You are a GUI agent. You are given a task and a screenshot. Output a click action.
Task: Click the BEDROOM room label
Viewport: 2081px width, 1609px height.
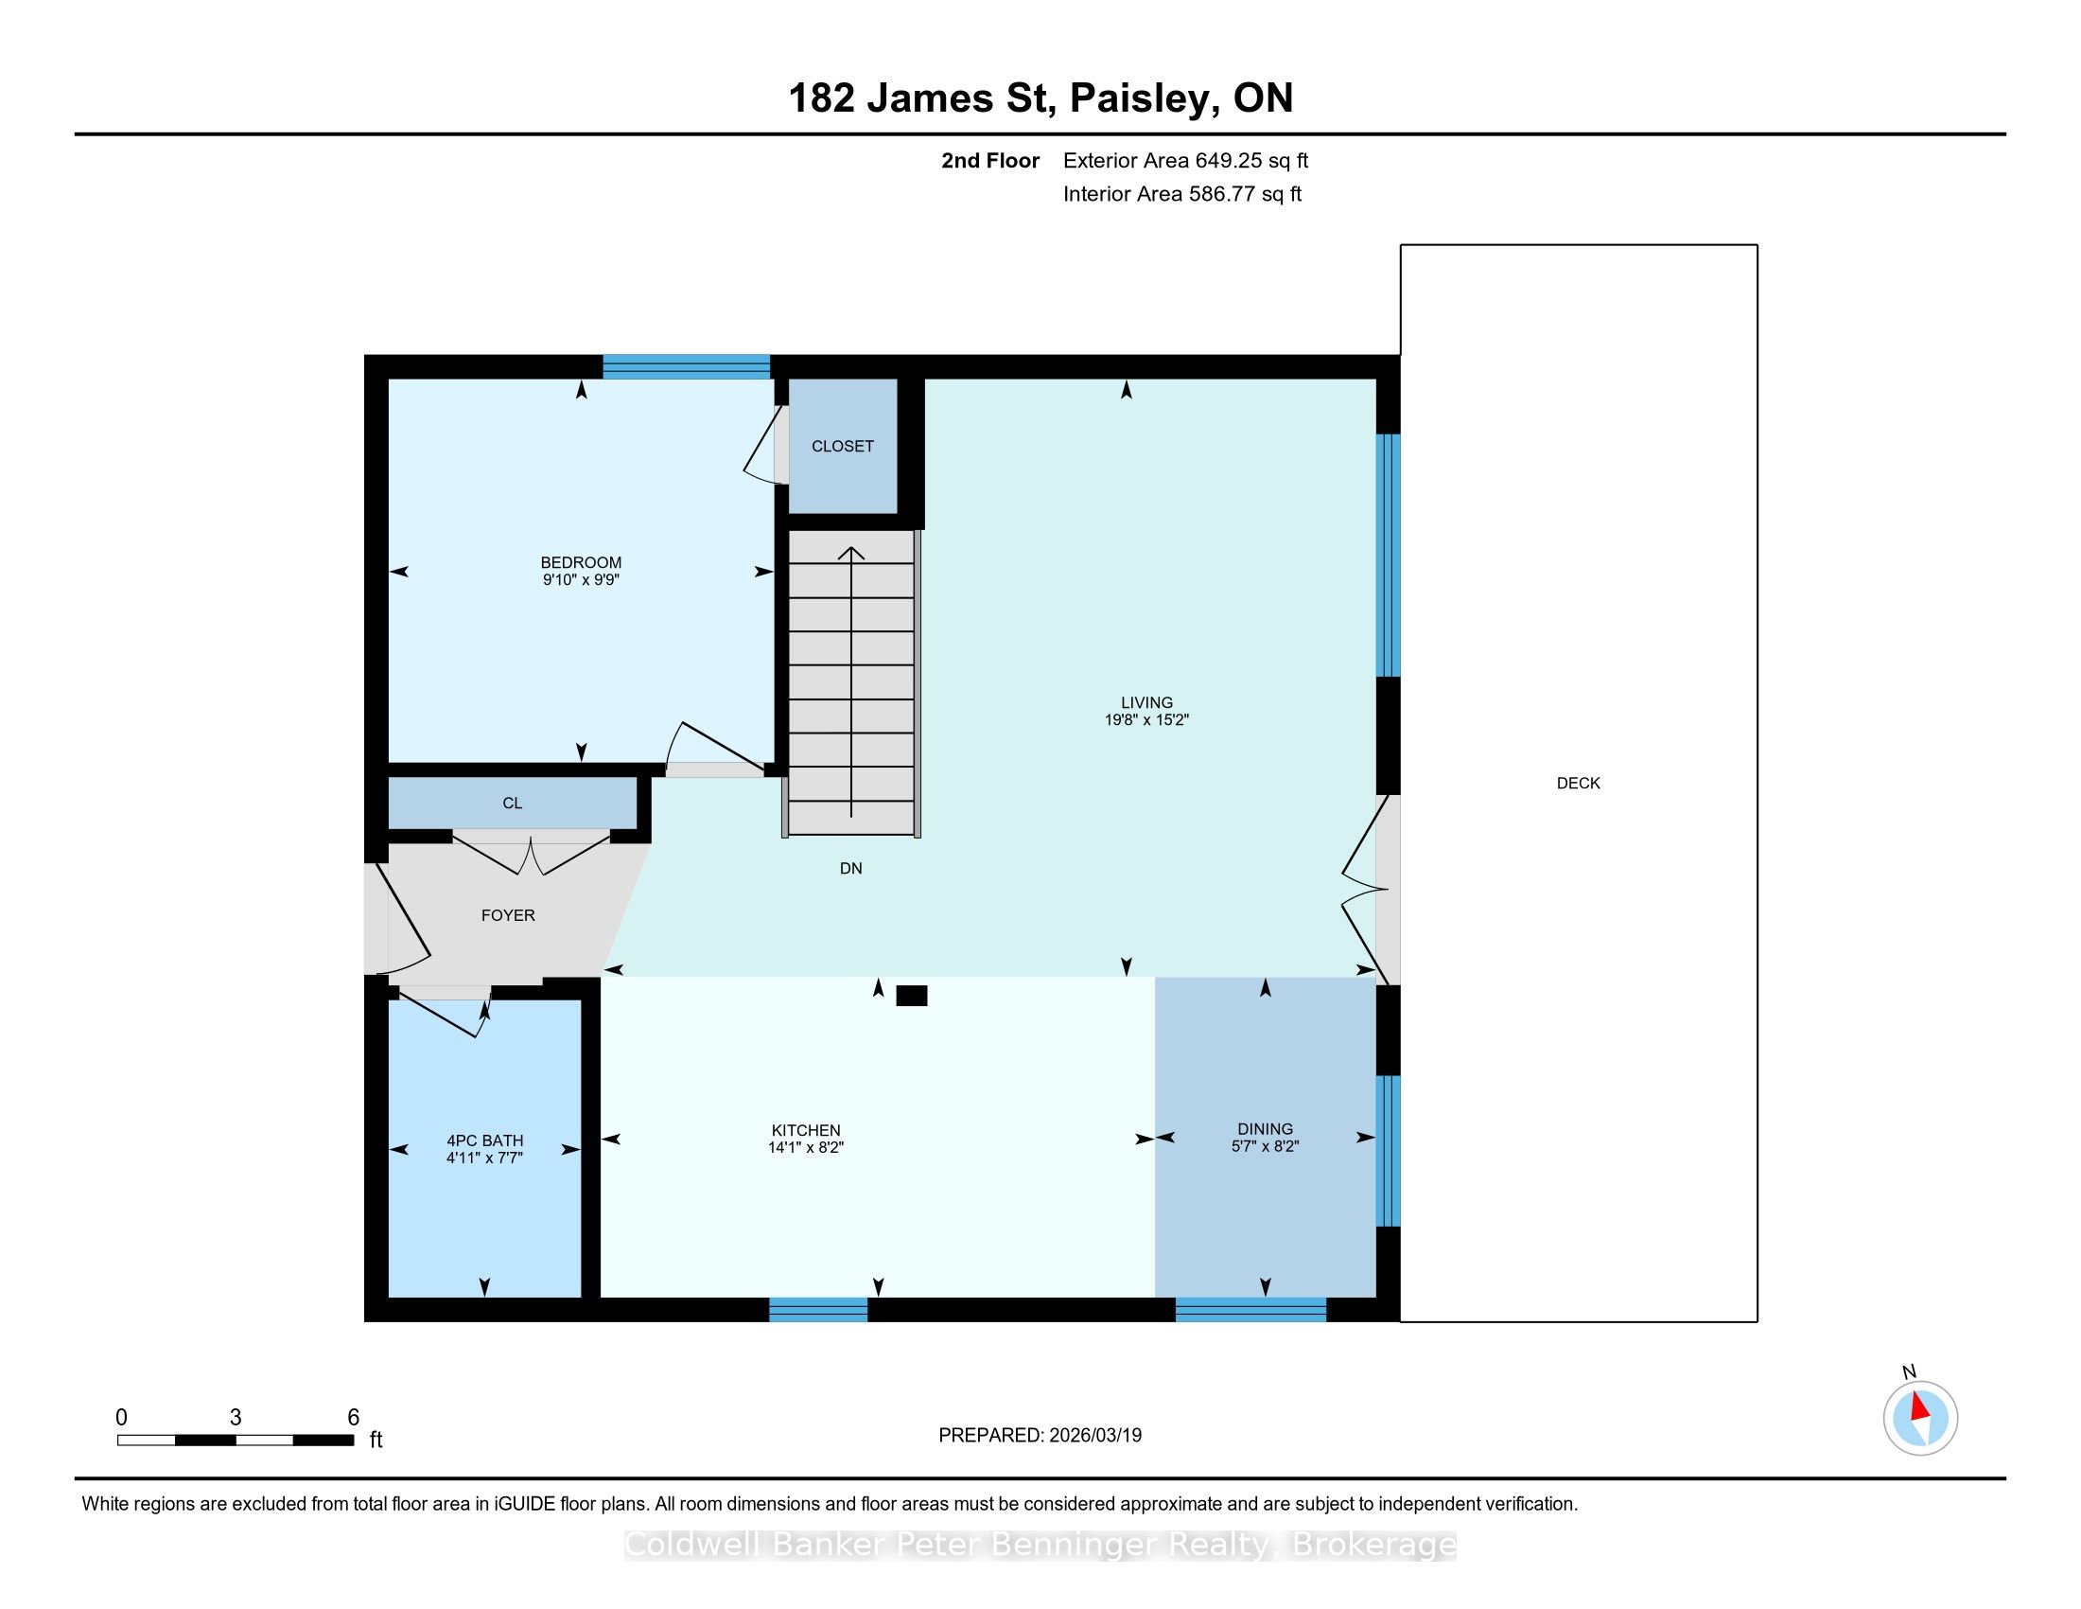[x=580, y=562]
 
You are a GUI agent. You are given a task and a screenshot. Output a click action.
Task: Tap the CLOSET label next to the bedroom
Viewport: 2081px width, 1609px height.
[x=842, y=446]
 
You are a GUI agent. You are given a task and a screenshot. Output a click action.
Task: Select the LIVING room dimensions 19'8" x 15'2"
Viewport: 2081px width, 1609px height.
[x=1146, y=719]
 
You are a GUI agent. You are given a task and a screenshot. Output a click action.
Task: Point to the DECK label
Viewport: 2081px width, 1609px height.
[x=1578, y=783]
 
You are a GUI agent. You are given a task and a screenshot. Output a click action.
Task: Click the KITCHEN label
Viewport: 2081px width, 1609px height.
[x=806, y=1130]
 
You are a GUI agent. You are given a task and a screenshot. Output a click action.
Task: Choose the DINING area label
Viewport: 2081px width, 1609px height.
[x=1266, y=1128]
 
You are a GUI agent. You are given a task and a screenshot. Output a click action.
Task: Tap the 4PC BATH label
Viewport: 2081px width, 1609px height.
[x=485, y=1140]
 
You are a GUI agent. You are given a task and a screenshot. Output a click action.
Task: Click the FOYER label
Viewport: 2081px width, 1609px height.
[x=508, y=915]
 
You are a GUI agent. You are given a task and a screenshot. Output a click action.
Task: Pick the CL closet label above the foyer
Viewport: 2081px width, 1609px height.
[x=513, y=804]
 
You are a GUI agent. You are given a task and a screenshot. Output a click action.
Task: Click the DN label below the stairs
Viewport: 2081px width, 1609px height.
[x=851, y=868]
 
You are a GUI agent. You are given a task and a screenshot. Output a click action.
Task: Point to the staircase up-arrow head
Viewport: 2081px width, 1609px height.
[x=851, y=552]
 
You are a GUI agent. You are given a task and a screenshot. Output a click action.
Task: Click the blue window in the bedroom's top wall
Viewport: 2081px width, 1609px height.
[x=686, y=366]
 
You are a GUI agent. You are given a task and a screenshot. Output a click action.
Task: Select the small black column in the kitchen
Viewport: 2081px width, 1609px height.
[x=912, y=996]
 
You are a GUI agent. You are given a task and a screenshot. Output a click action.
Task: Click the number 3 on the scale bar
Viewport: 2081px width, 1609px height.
[x=236, y=1418]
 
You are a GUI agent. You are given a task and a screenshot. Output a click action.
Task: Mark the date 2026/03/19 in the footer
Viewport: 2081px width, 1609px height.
[x=1094, y=1436]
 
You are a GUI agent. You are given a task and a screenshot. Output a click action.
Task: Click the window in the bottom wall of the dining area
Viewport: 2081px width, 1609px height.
[x=1250, y=1310]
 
